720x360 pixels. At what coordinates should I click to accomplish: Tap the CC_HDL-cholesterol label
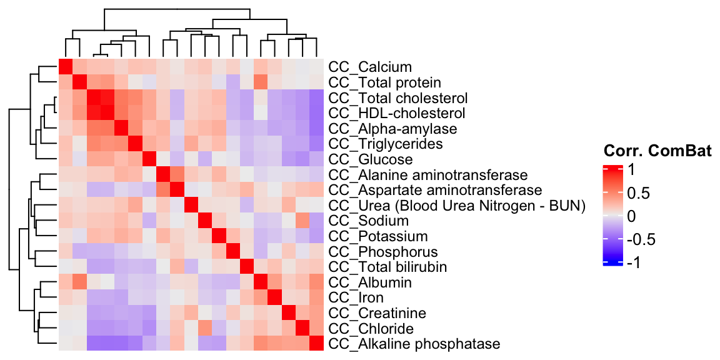pyautogui.click(x=396, y=113)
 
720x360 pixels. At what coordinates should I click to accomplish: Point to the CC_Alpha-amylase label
pyautogui.click(x=392, y=129)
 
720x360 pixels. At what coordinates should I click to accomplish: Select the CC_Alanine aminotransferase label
pyautogui.click(x=428, y=174)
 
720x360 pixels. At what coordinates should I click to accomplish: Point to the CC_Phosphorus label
pyautogui.click(x=381, y=251)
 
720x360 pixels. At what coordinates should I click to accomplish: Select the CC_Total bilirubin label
pyautogui.click(x=388, y=267)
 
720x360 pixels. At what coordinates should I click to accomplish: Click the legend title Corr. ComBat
pyautogui.click(x=657, y=151)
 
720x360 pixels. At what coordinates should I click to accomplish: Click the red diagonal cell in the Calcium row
pyautogui.click(x=66, y=67)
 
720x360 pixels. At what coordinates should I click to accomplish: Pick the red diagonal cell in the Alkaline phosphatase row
pyautogui.click(x=316, y=344)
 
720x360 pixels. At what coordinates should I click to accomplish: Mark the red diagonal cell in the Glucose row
pyautogui.click(x=149, y=159)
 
